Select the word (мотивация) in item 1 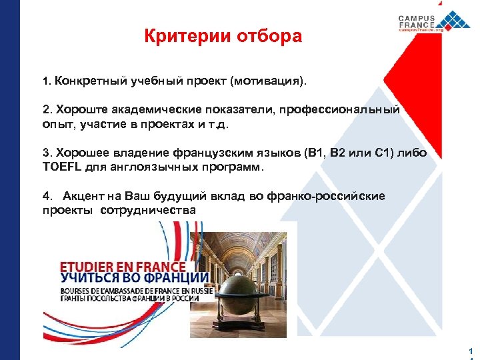269,81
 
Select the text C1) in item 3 387,153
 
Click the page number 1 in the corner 471,351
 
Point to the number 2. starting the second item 46,110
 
